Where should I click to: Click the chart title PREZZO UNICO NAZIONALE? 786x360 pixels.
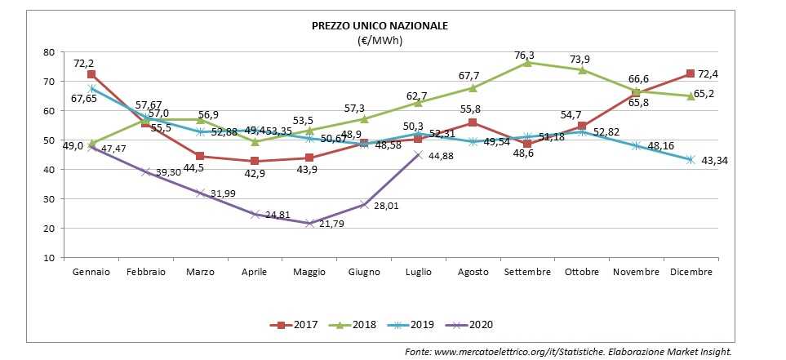click(x=380, y=26)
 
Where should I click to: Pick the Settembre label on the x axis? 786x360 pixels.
click(x=527, y=272)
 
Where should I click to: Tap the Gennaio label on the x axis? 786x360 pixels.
click(x=91, y=272)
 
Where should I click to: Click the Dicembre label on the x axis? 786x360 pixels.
click(x=691, y=272)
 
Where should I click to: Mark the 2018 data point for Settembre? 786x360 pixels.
click(x=527, y=63)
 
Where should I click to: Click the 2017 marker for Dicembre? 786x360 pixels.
click(x=691, y=74)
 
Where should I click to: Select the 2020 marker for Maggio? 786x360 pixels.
click(x=309, y=223)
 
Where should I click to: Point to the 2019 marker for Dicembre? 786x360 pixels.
click(x=691, y=160)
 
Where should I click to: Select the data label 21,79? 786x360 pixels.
click(x=331, y=224)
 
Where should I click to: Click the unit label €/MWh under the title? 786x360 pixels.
click(x=380, y=39)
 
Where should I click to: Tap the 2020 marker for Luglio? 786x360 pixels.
click(x=419, y=155)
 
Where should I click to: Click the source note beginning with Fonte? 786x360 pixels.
click(x=568, y=351)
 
